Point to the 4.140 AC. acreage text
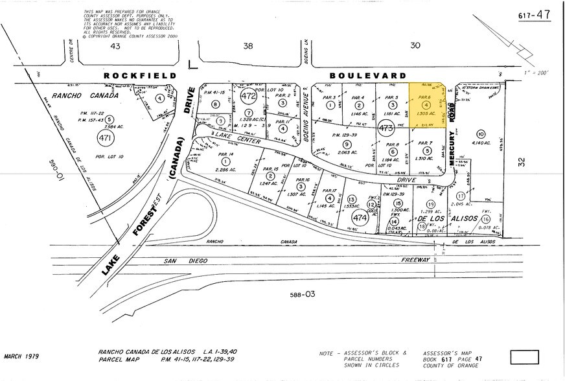[x=483, y=143]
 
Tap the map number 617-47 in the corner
[x=535, y=14]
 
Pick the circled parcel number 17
[x=461, y=195]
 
